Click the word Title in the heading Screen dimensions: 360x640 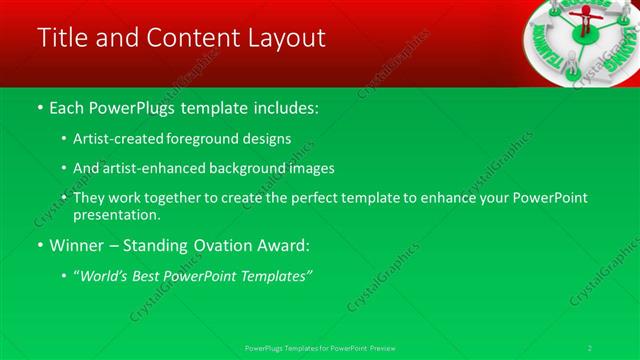tap(61, 39)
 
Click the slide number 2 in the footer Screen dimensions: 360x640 tap(590, 347)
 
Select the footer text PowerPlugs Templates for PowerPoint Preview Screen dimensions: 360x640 tap(320, 347)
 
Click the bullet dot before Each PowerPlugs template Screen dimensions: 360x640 tap(39, 106)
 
